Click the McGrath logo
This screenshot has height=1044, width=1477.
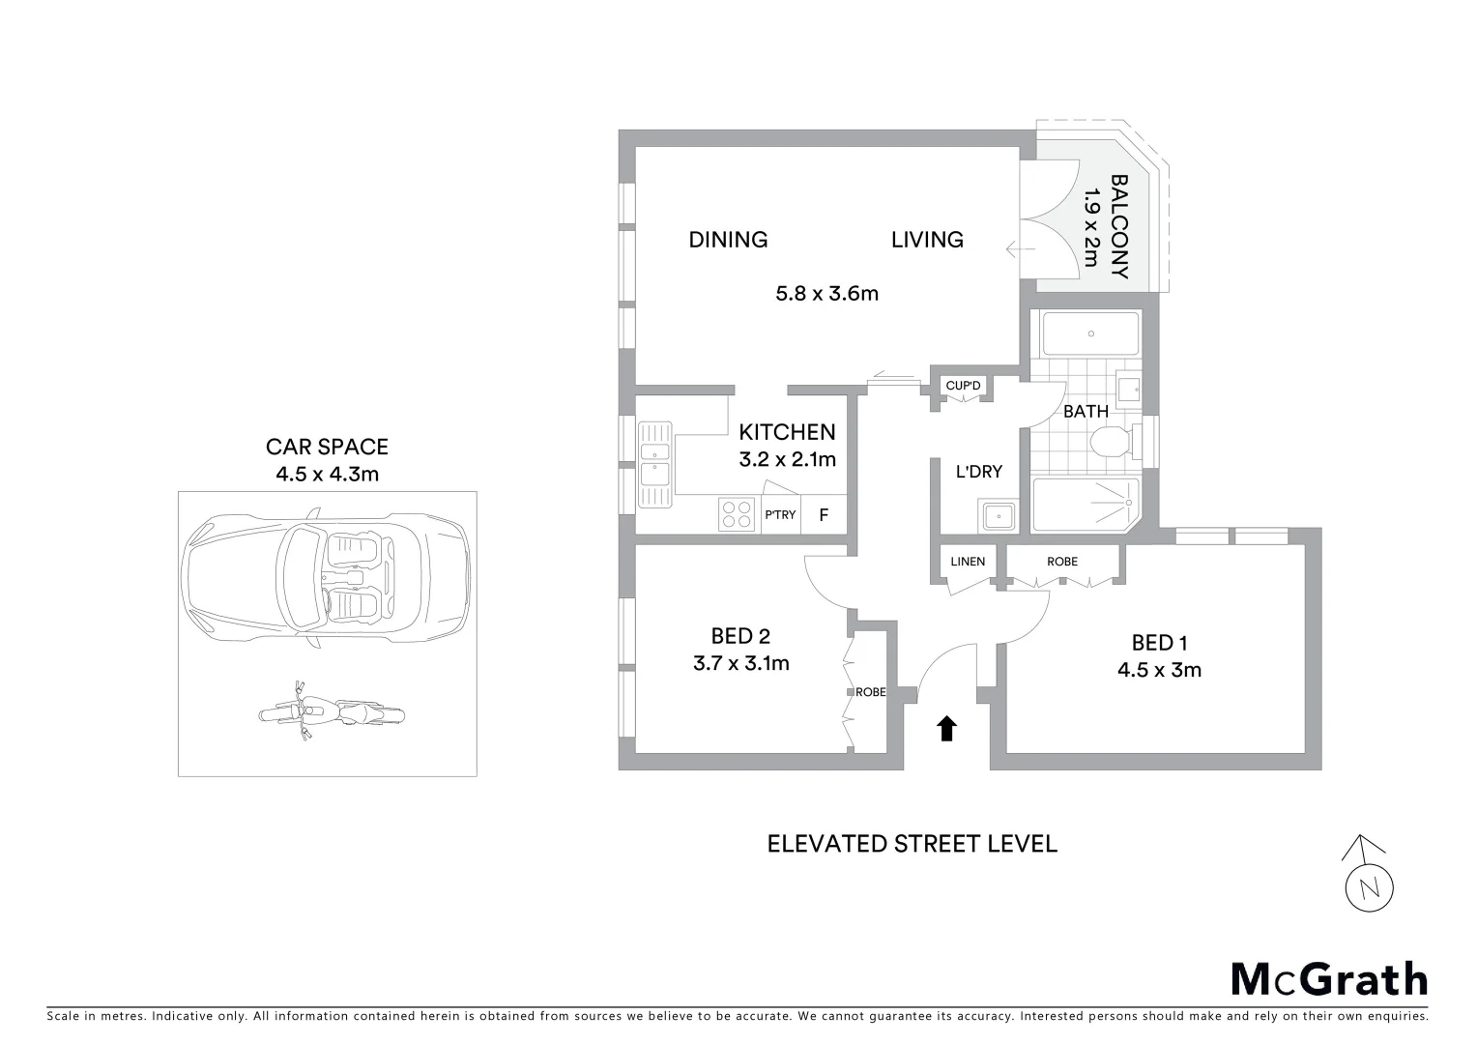[1329, 978]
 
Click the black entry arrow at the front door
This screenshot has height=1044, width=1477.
[946, 728]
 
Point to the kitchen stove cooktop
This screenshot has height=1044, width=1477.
[737, 513]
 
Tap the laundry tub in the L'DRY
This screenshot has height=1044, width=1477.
[997, 516]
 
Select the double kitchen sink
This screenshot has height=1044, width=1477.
[654, 464]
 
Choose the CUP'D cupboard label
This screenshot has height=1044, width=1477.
[963, 387]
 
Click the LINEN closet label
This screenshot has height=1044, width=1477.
[968, 562]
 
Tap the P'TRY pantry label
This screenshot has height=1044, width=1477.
[780, 514]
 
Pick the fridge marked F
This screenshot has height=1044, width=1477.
[824, 514]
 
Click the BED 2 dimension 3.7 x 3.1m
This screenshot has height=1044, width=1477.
[740, 663]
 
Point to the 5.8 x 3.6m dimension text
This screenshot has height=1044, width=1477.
[826, 293]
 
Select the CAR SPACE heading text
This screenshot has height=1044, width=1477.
[327, 447]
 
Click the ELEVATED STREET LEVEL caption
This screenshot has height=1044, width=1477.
[912, 844]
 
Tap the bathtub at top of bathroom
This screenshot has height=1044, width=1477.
[1090, 333]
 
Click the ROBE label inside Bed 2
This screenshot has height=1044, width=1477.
[870, 692]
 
